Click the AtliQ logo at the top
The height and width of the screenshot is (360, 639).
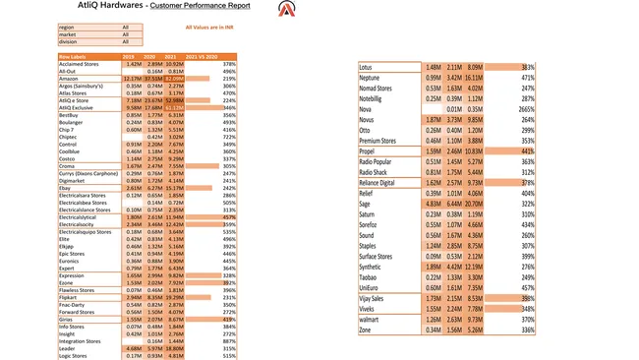pos(286,10)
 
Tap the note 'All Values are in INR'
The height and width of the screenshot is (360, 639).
pos(208,28)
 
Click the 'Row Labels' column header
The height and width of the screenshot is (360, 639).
pos(73,57)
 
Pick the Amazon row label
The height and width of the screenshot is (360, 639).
pos(68,79)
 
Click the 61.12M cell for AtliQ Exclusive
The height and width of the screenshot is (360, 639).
pos(174,107)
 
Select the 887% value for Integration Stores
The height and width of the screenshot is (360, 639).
pos(229,340)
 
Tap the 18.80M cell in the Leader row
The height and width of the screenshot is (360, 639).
pos(174,348)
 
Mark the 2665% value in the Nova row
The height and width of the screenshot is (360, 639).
pos(526,109)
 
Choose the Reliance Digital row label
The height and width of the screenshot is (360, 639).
pos(377,183)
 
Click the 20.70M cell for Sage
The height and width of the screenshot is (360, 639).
pos(474,204)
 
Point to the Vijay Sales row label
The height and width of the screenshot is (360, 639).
pos(372,298)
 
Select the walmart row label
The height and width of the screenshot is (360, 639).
pos(369,320)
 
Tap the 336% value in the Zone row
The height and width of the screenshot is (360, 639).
pos(528,330)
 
